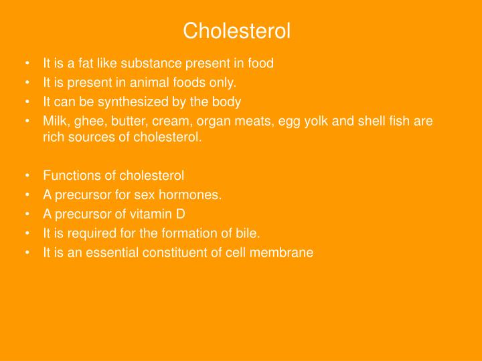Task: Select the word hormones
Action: (x=195, y=195)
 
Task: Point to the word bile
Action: (x=248, y=233)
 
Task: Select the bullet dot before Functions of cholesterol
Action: (x=26, y=176)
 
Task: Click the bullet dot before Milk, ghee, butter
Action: (x=26, y=121)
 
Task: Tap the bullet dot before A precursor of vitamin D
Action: (x=26, y=214)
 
